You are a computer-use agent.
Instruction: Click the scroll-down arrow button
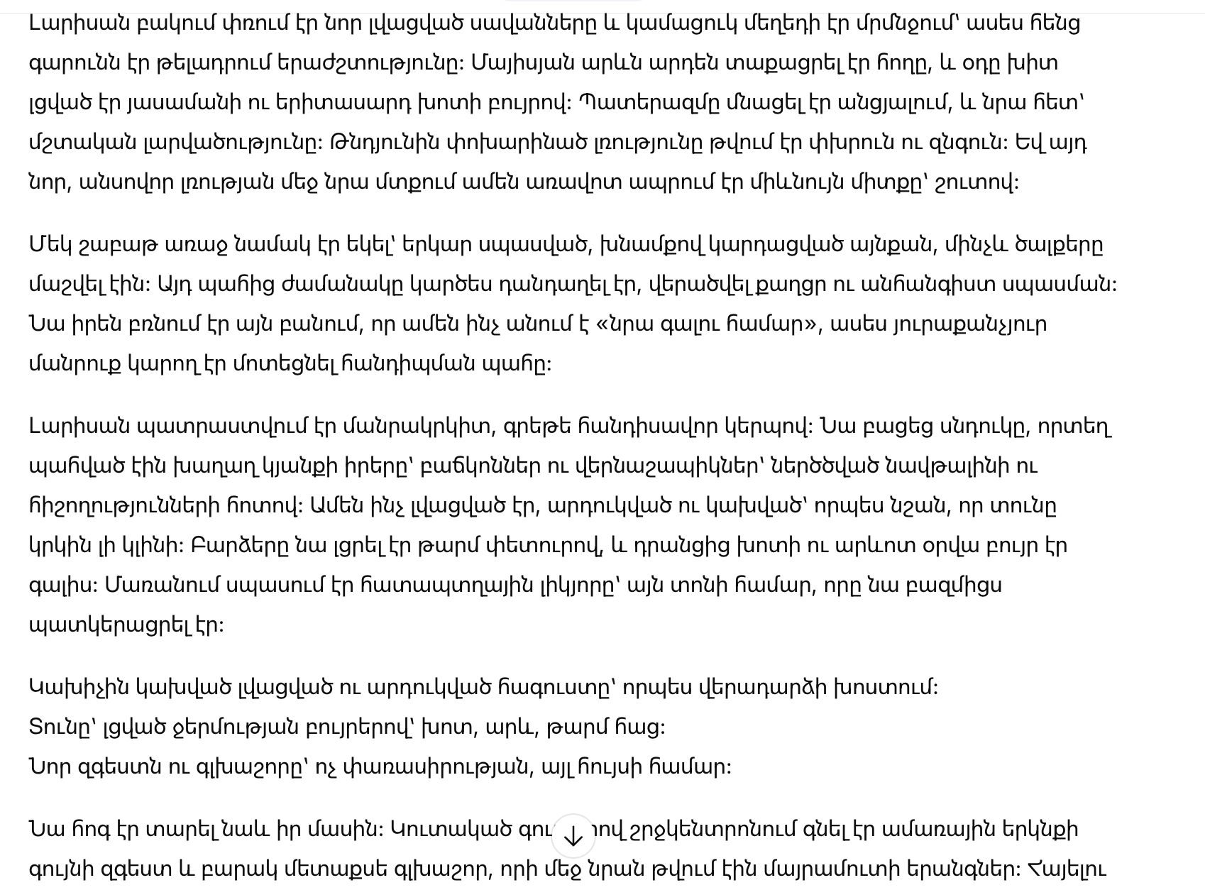point(573,837)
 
